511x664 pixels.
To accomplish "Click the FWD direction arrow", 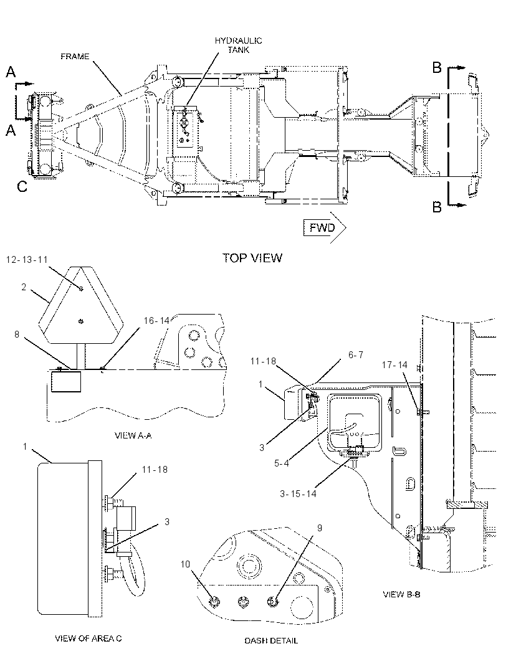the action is [x=325, y=228].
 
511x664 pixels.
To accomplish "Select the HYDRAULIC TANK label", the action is [x=238, y=45].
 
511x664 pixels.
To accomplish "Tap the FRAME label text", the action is [x=75, y=56].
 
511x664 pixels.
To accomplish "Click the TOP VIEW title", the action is [x=252, y=258].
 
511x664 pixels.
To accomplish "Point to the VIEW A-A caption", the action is [x=133, y=435].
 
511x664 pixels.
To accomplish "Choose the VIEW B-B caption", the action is [x=402, y=594].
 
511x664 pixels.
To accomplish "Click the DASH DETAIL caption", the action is [x=271, y=641].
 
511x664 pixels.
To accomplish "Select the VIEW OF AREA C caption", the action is [x=88, y=638].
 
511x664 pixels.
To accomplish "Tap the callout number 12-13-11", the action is [x=27, y=260].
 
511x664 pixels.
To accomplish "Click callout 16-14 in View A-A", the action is [x=156, y=321].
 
